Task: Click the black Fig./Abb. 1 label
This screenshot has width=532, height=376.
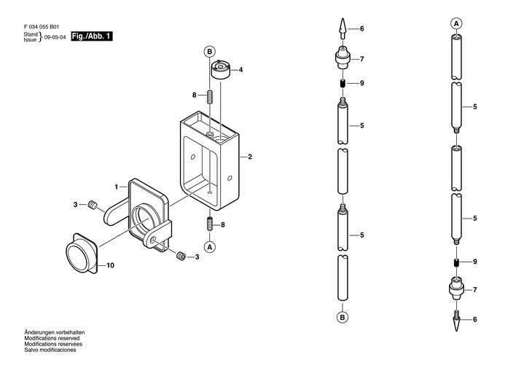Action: coord(91,36)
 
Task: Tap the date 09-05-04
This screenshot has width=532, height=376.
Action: coord(55,37)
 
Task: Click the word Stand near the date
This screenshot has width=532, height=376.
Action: coord(31,34)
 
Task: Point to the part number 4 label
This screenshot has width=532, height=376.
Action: coord(240,70)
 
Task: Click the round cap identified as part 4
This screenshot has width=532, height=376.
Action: coord(221,69)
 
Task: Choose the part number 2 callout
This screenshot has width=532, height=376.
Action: coord(250,157)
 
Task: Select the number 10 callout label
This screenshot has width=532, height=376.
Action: coord(111,265)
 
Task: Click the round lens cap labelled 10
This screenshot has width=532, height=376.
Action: coord(82,252)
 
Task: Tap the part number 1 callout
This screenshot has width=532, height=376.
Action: coord(117,187)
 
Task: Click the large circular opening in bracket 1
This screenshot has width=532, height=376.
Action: coord(144,221)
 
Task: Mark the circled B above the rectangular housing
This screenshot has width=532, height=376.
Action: coord(210,52)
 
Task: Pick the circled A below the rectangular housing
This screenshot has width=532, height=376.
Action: coord(210,247)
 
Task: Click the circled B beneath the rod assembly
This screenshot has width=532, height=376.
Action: coord(343,317)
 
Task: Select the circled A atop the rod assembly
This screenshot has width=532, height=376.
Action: coord(456,23)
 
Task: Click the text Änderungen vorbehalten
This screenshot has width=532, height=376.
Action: coord(54,332)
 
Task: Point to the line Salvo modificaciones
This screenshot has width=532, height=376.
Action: coord(50,350)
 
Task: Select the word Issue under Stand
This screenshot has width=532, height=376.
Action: coord(30,39)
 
